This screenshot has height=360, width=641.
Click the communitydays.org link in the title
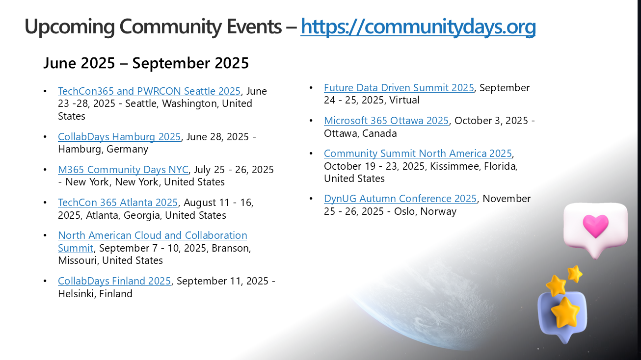pos(418,26)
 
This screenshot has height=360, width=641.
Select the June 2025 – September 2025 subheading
pos(146,63)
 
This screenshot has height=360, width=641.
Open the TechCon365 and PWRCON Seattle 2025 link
pos(149,91)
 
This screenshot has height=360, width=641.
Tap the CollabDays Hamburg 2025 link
pos(119,137)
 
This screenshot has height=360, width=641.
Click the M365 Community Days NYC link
pos(123,170)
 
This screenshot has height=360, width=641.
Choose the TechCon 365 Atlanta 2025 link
pos(118,203)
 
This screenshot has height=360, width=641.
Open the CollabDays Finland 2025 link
pos(114,281)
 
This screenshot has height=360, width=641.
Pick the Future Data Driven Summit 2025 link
pos(399,87)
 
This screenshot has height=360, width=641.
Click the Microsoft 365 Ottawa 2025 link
pos(386,121)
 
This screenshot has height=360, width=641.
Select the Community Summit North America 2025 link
pos(418,154)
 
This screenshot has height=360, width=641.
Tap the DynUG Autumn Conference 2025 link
pos(401,199)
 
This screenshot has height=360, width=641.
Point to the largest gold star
pos(565,312)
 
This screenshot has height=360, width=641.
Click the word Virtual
pos(404,100)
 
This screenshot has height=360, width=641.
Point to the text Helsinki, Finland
pos(95,294)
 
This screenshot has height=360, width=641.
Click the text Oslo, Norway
pos(425,211)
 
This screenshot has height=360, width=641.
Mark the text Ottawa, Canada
pos(360,133)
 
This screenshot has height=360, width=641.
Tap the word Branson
pos(231,248)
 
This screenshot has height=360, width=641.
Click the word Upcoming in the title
pos(70,27)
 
